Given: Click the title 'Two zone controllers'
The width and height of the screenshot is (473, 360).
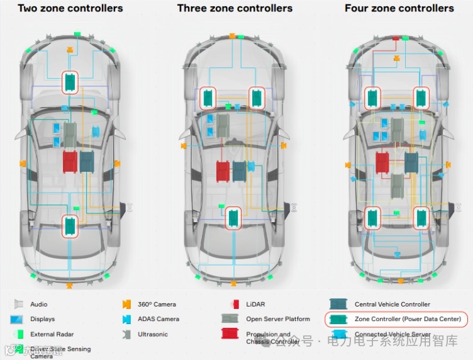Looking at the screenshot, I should [x=70, y=9].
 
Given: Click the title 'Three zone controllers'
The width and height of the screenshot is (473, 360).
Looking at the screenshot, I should [x=235, y=9].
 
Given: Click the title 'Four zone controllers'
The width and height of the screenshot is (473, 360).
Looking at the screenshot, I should [x=399, y=9].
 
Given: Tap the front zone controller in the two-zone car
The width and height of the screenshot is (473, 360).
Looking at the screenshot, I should [x=70, y=82].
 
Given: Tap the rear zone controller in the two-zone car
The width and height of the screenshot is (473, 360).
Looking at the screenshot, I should [x=70, y=225].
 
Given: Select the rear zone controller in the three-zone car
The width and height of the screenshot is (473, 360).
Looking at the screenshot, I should [x=235, y=218].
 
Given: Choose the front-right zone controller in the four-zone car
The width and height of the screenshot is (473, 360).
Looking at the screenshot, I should [x=422, y=98].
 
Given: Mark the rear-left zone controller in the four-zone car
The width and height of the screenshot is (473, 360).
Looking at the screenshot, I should [x=374, y=217].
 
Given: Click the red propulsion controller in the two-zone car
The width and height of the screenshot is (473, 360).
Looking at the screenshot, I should [x=70, y=161].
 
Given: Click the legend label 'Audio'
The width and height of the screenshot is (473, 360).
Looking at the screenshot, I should [x=38, y=304].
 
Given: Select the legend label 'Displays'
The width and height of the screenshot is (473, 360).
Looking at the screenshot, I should [x=42, y=319].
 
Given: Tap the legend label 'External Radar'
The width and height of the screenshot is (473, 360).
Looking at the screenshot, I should [x=52, y=334].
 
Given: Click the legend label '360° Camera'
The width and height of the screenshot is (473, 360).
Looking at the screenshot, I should [x=157, y=304].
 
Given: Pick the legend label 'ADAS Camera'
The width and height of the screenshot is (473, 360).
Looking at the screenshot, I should [x=159, y=319].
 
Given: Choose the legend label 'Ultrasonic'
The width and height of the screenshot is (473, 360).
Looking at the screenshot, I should [x=153, y=334].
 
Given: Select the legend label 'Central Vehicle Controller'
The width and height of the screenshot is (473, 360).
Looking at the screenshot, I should [x=392, y=304].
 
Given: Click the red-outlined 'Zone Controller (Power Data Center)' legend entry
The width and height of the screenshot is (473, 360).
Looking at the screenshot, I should [x=397, y=319].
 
